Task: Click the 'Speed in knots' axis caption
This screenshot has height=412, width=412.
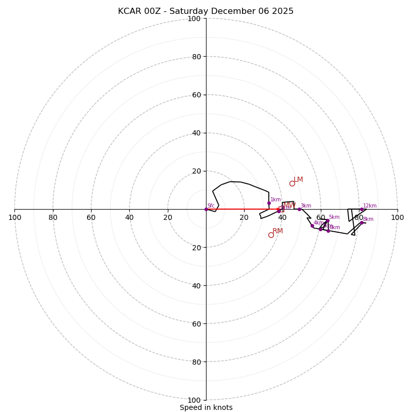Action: [206, 407]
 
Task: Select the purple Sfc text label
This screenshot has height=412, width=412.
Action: [211, 206]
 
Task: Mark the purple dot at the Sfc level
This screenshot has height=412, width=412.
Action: [206, 209]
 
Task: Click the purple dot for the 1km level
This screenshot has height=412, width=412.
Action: [269, 203]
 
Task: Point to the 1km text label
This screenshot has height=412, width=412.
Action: [276, 200]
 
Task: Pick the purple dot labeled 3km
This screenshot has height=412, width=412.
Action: [299, 209]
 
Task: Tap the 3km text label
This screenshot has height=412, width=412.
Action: [306, 206]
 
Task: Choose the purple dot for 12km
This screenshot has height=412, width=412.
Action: [362, 209]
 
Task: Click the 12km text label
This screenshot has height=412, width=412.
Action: [370, 206]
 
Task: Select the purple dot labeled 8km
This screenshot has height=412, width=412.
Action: [362, 222]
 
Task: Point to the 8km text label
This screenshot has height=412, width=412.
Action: [368, 219]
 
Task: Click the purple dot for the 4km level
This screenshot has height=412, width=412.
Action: [312, 226]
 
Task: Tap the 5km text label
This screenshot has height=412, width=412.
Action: [334, 217]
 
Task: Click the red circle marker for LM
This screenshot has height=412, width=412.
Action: [292, 183]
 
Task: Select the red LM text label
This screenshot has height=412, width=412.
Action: [298, 180]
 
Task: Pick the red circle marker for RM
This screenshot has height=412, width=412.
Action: [271, 235]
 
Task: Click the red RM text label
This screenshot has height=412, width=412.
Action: [278, 231]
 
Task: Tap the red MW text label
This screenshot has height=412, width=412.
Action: [289, 205]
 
